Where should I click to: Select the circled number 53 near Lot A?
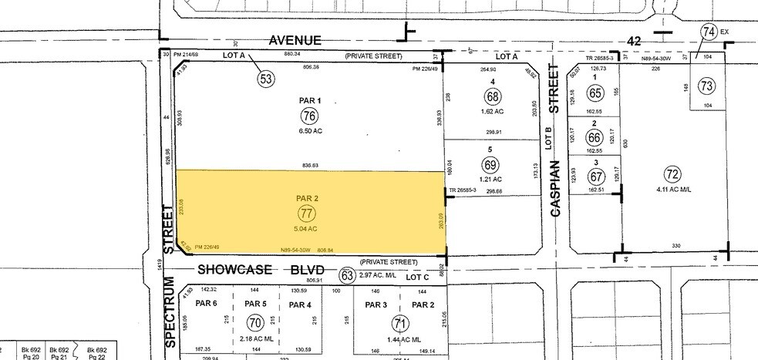(x=267, y=78)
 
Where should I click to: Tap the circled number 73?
(x=705, y=86)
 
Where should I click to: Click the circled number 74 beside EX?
(x=709, y=32)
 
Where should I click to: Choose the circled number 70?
(x=254, y=323)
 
